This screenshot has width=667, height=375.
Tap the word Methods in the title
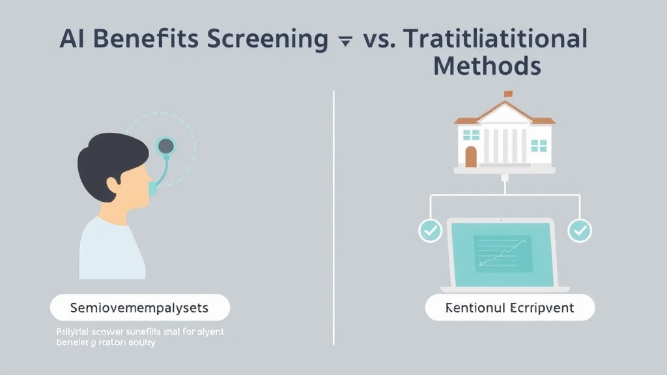[x=487, y=66]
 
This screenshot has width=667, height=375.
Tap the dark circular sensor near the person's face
[x=167, y=145]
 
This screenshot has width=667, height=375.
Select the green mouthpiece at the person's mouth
[x=152, y=188]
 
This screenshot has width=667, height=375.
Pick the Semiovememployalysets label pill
[x=140, y=307]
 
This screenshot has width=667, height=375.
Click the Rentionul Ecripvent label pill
[x=510, y=307]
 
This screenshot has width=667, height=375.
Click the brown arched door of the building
[x=471, y=156]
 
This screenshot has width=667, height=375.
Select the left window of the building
[x=472, y=135]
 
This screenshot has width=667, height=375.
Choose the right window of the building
[x=539, y=145]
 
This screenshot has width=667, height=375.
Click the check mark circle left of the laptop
[x=430, y=230]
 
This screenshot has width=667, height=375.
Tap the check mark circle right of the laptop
[x=579, y=230]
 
